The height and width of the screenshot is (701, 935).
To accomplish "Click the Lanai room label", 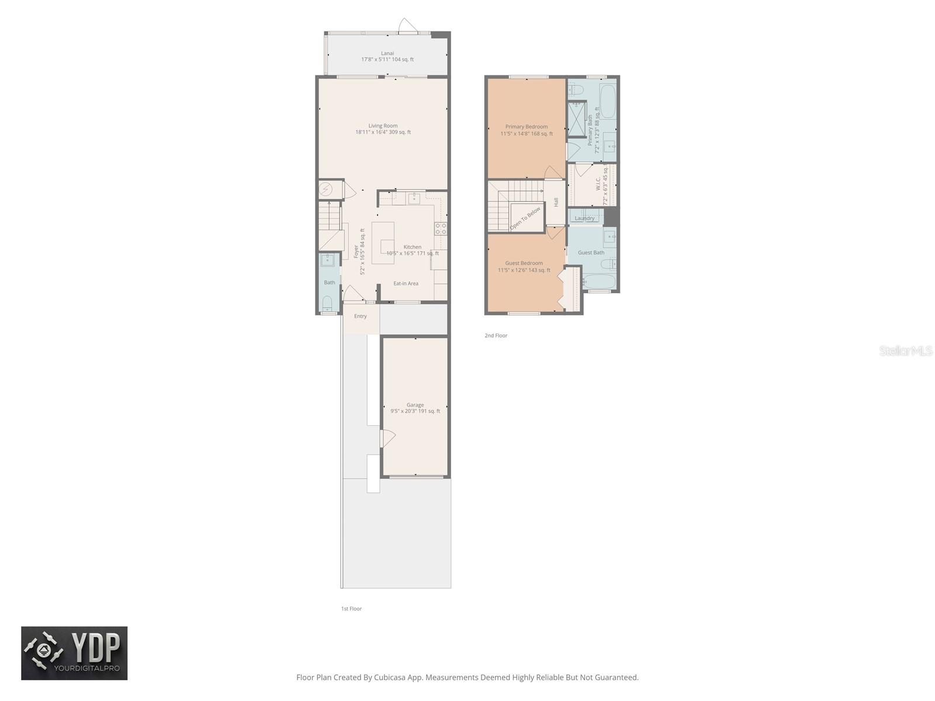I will coord(387,53).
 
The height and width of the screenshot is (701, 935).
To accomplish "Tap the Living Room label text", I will coord(383,126).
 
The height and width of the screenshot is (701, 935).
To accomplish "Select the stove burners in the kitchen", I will coord(441,228).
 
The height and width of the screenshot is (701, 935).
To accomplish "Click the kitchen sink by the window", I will coord(414,199).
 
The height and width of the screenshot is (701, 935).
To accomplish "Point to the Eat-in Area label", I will coord(406,283).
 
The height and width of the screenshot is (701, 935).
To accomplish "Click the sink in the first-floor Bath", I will coord(328,260).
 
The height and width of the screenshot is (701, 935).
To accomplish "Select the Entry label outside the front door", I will coord(361,316).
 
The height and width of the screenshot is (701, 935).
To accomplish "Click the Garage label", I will coord(415,405).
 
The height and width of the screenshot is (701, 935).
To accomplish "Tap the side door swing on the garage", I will coord(387,438).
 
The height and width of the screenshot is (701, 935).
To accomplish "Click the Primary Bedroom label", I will coord(527,127).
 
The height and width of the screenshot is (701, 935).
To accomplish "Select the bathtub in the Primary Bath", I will coord(608,102).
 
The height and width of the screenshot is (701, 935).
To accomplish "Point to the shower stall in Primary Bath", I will coord(577,119).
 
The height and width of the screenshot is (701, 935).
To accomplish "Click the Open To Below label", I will coord(525,218).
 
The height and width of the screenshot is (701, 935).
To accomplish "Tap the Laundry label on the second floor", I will coord(584,218).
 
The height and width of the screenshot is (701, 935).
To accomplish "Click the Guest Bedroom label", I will coord(524,263).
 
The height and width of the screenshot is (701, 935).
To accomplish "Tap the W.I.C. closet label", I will coord(598,185).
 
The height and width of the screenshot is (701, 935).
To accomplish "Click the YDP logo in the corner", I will coord(74,653).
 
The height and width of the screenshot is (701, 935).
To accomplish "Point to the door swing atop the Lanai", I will coord(407,25).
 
